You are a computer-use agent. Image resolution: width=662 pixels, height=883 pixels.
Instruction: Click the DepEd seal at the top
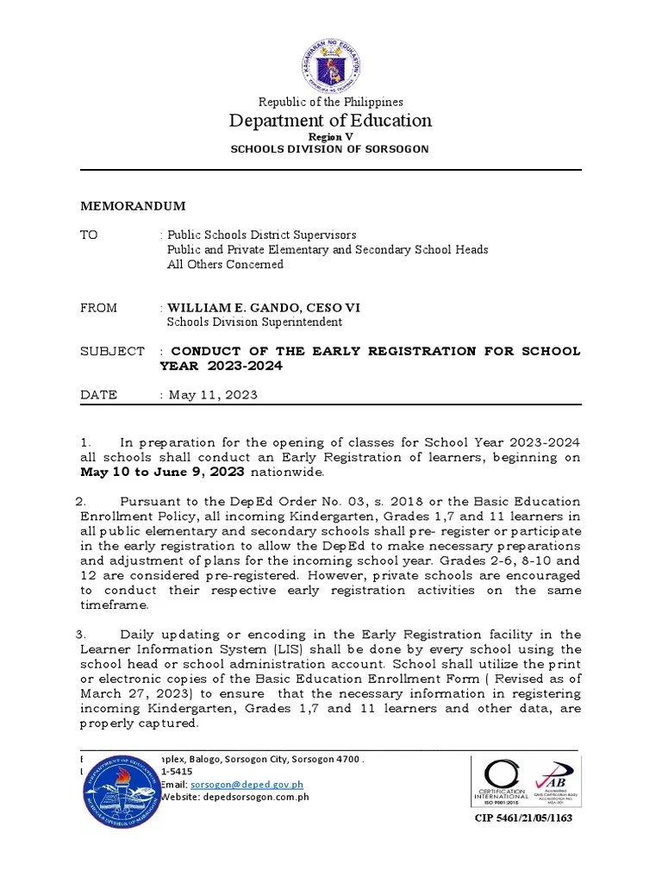tap(331, 66)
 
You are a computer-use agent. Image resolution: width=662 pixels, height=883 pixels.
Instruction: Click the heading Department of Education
tap(331, 121)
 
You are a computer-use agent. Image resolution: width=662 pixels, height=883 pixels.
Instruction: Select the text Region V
tap(331, 137)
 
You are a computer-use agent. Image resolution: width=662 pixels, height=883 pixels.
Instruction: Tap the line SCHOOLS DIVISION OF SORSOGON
tap(329, 149)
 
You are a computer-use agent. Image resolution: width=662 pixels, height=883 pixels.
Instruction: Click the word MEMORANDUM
tap(132, 206)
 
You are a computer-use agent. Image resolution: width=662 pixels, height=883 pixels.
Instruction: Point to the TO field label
tap(89, 235)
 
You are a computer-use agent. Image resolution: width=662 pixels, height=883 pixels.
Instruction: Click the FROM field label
tap(98, 308)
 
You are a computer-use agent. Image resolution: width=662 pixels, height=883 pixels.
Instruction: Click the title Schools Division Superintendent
tap(254, 322)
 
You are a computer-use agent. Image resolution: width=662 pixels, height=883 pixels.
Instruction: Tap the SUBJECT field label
tap(112, 351)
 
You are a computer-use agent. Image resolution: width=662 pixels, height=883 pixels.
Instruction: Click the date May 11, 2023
tap(212, 395)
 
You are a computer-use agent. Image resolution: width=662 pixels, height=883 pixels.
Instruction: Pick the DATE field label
tap(98, 395)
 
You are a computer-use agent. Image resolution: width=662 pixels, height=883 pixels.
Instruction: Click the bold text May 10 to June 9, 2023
tap(162, 472)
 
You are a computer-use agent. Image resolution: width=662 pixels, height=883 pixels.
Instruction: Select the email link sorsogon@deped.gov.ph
tap(247, 785)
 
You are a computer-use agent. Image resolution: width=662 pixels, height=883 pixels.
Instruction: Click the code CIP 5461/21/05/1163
tap(523, 817)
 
